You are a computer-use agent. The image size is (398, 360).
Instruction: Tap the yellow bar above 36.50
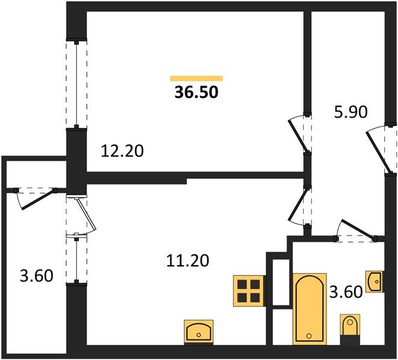click(x=196, y=78)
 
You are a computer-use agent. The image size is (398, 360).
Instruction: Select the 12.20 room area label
click(x=122, y=151)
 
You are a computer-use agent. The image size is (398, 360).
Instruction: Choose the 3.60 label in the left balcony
click(x=36, y=277)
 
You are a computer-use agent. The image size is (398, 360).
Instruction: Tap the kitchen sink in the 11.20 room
click(x=198, y=331)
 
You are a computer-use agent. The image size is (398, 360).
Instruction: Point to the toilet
click(x=349, y=327)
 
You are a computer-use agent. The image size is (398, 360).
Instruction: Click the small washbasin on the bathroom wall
click(x=375, y=281)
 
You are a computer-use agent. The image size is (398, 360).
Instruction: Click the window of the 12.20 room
click(x=77, y=84)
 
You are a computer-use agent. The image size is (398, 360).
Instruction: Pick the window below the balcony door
click(x=77, y=260)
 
